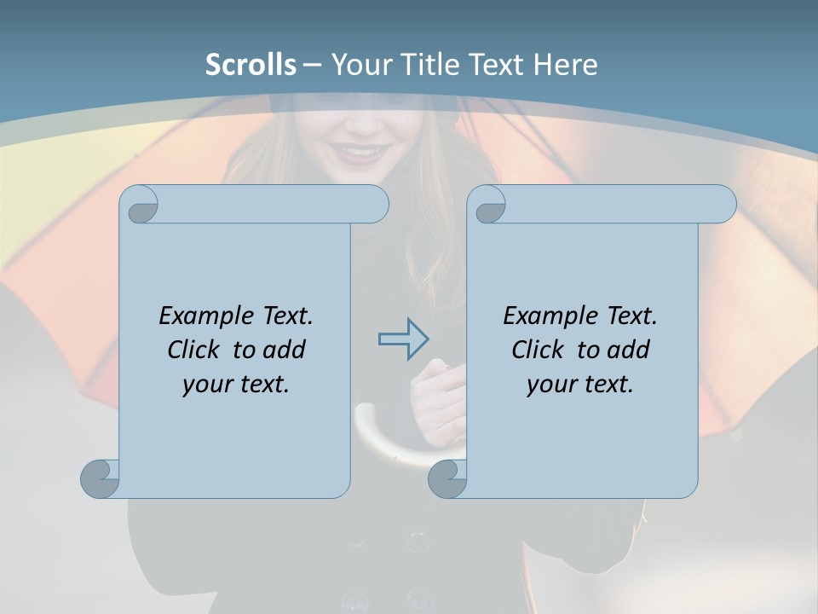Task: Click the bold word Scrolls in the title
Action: tap(251, 65)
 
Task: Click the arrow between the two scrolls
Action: tap(403, 339)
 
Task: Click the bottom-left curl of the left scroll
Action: tap(101, 478)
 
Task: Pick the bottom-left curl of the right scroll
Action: tap(447, 478)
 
